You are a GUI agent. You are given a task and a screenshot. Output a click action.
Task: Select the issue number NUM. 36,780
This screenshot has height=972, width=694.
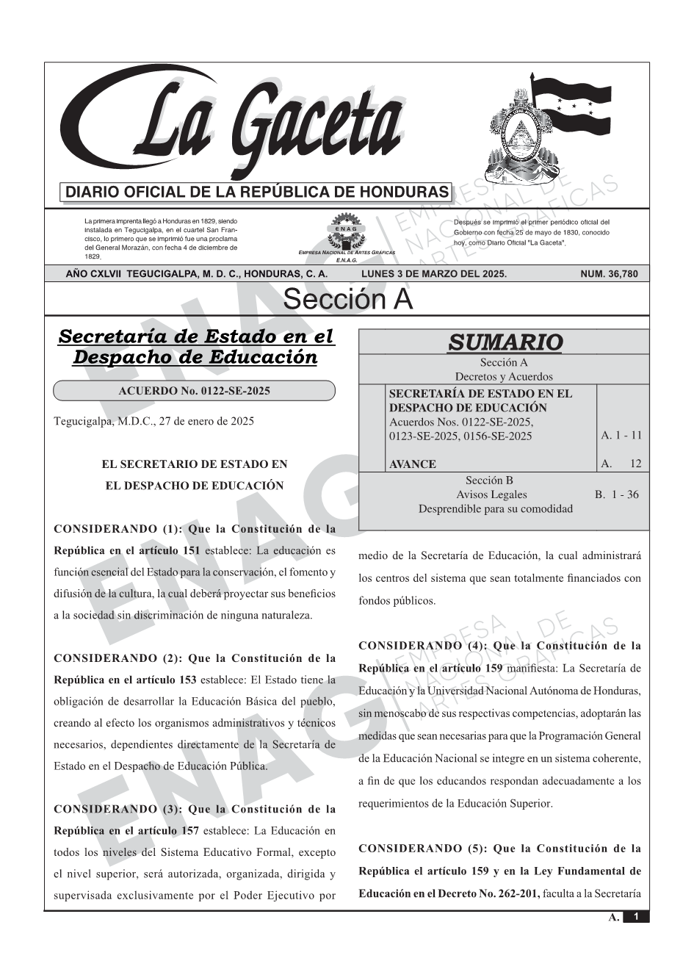pyautogui.click(x=609, y=274)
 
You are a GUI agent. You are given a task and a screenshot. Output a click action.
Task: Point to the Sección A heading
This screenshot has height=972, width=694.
pyautogui.click(x=347, y=300)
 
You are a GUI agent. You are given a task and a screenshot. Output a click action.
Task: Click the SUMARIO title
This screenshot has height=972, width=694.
pyautogui.click(x=505, y=342)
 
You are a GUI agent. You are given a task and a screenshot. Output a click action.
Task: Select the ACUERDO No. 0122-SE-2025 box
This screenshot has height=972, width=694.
pyautogui.click(x=194, y=391)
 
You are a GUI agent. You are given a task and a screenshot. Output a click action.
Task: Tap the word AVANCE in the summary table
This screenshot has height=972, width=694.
pyautogui.click(x=412, y=464)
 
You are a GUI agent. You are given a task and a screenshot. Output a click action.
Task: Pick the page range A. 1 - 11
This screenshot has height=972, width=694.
pyautogui.click(x=621, y=436)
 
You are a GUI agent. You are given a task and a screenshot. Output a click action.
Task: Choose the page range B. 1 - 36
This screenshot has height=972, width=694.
pyautogui.click(x=616, y=494)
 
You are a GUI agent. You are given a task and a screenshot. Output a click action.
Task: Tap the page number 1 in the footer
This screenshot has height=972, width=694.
pyautogui.click(x=636, y=917)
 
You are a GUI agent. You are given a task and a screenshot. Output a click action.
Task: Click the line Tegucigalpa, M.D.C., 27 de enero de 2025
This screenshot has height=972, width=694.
pyautogui.click(x=154, y=421)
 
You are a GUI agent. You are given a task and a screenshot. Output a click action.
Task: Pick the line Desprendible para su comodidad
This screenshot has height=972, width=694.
pyautogui.click(x=495, y=508)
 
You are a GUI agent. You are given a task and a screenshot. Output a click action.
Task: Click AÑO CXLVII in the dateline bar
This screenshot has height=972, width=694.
pyautogui.click(x=94, y=274)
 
